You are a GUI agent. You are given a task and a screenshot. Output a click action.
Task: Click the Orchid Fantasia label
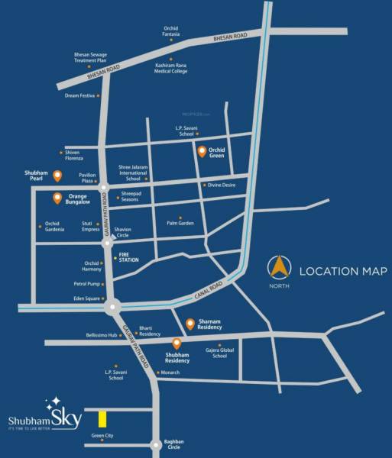170,32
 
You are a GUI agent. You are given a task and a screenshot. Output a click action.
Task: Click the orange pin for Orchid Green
201,151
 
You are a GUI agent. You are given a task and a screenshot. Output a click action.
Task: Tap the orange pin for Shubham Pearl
57,176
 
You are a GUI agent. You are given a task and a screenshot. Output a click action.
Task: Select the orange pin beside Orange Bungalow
57,199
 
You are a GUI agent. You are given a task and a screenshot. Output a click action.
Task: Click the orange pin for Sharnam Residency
190,324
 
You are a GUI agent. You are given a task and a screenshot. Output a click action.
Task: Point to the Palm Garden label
180,223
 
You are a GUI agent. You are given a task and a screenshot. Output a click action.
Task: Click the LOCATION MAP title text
343,271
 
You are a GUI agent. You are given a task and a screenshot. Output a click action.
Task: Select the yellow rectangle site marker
102,418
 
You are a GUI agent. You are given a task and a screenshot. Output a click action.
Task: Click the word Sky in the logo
65,418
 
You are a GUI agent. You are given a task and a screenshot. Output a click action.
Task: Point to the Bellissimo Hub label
102,335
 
